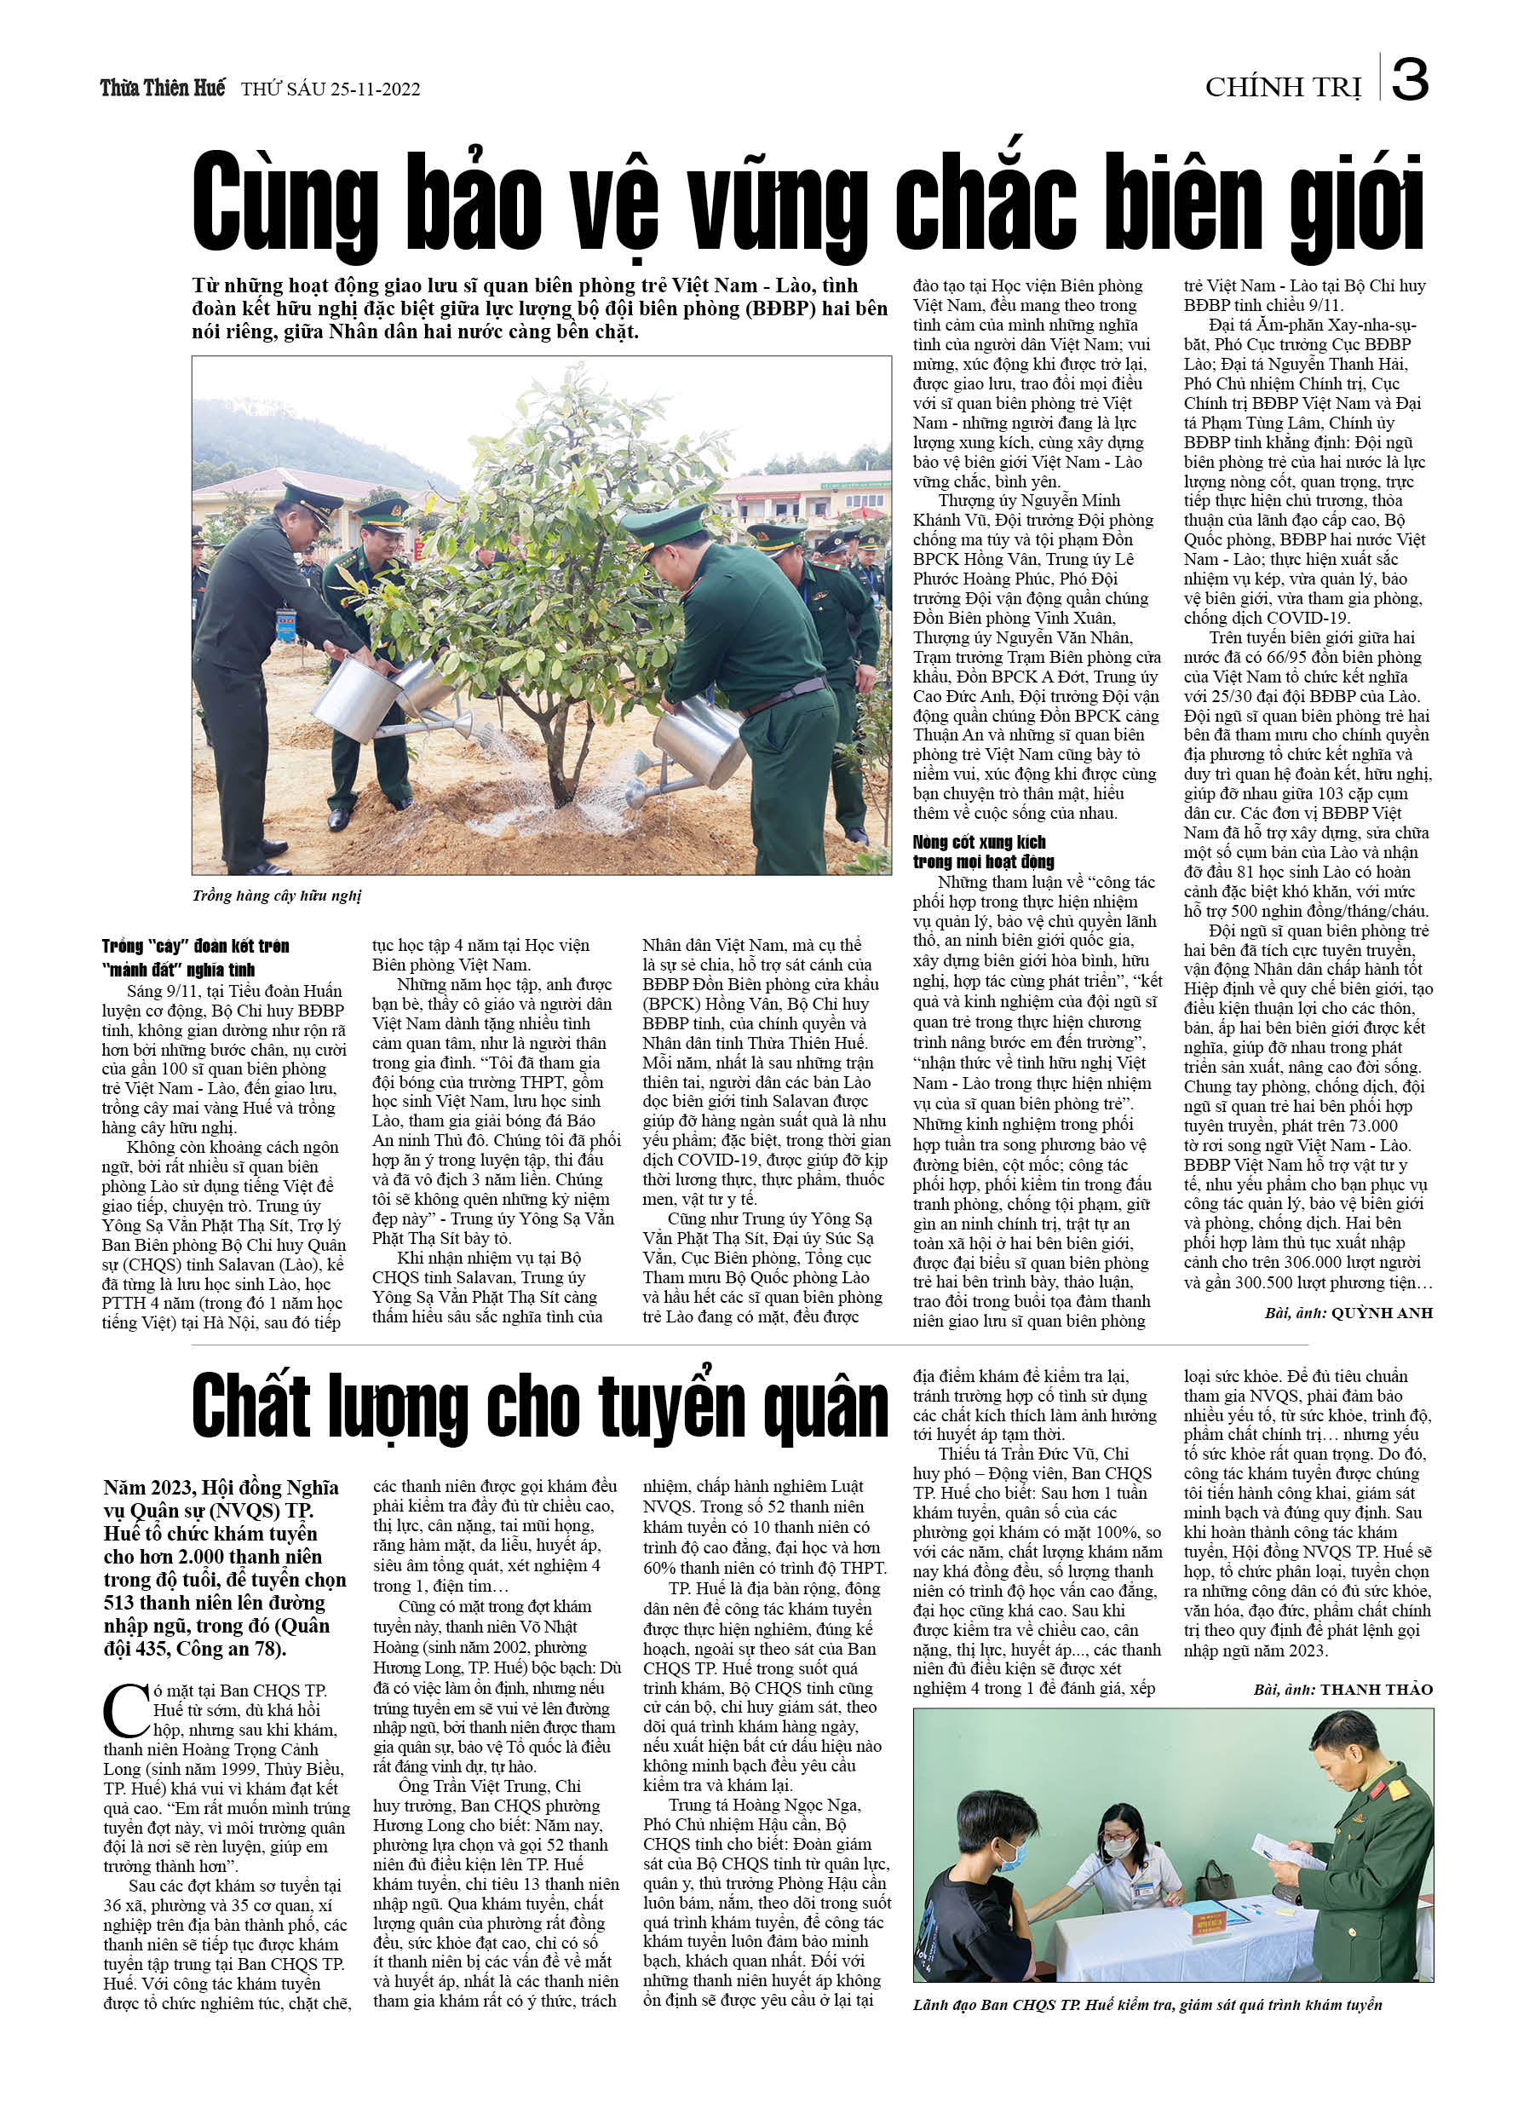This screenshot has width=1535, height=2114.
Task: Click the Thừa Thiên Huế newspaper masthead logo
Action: [x=162, y=89]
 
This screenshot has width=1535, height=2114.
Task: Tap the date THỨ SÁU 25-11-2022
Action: [x=330, y=89]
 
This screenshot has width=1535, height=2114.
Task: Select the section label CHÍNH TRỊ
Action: [x=1282, y=88]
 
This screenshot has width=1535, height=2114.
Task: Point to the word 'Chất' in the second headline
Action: [x=251, y=1408]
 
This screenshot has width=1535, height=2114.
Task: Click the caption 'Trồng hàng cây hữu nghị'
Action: [x=277, y=896]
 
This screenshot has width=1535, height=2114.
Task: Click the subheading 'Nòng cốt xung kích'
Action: [x=979, y=843]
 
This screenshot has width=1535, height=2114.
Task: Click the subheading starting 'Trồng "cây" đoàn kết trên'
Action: [x=196, y=946]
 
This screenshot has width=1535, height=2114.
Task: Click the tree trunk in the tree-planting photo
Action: [x=563, y=764]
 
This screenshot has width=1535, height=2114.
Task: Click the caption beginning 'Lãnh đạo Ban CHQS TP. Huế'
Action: [x=1147, y=2005]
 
